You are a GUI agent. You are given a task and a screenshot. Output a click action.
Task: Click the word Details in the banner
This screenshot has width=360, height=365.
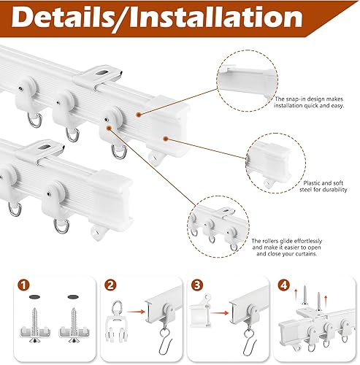[61, 18]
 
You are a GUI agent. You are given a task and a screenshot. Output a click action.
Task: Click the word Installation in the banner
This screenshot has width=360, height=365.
[216, 17]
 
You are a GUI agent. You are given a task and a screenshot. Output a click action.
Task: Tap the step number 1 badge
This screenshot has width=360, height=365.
[23, 285]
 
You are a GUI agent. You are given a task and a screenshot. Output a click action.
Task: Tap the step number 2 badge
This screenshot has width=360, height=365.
[111, 285]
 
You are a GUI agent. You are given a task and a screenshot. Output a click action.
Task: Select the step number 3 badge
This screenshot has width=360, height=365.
[197, 285]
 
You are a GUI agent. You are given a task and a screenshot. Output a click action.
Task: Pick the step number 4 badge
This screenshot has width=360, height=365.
[284, 285]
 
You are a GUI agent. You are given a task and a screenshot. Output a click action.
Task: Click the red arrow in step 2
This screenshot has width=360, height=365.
[136, 312]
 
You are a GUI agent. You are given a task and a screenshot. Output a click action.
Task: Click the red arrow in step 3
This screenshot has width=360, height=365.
[220, 312]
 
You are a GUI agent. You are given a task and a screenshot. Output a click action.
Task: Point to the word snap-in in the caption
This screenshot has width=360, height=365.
[296, 99]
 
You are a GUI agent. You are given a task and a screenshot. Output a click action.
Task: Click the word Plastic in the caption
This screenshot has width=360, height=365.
[312, 183]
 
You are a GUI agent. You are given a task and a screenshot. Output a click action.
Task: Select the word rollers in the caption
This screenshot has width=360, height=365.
[270, 241]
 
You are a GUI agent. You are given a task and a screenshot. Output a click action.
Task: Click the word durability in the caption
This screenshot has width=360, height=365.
[334, 190]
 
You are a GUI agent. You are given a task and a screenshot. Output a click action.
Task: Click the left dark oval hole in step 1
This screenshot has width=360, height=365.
[34, 297]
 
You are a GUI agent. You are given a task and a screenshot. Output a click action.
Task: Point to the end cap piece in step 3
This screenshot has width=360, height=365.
[200, 311]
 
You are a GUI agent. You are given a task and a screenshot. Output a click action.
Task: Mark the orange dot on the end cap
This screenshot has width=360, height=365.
[166, 139]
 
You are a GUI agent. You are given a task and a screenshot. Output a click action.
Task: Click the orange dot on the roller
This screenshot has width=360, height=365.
[109, 128]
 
